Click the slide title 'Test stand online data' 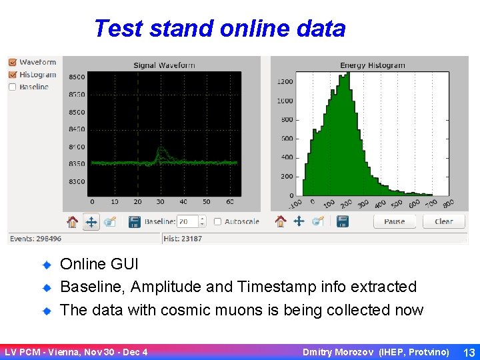219,29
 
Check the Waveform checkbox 12,63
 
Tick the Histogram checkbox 12,75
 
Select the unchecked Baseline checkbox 12,87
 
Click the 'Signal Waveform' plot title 164,65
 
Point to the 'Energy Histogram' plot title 372,65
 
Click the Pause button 394,221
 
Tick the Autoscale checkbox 218,221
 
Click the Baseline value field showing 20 188,221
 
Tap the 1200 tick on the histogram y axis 285,82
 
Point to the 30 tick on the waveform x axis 161,201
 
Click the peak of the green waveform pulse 161,148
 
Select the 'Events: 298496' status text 35,239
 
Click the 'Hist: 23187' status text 183,239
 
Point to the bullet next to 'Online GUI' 47,265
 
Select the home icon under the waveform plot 72,221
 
